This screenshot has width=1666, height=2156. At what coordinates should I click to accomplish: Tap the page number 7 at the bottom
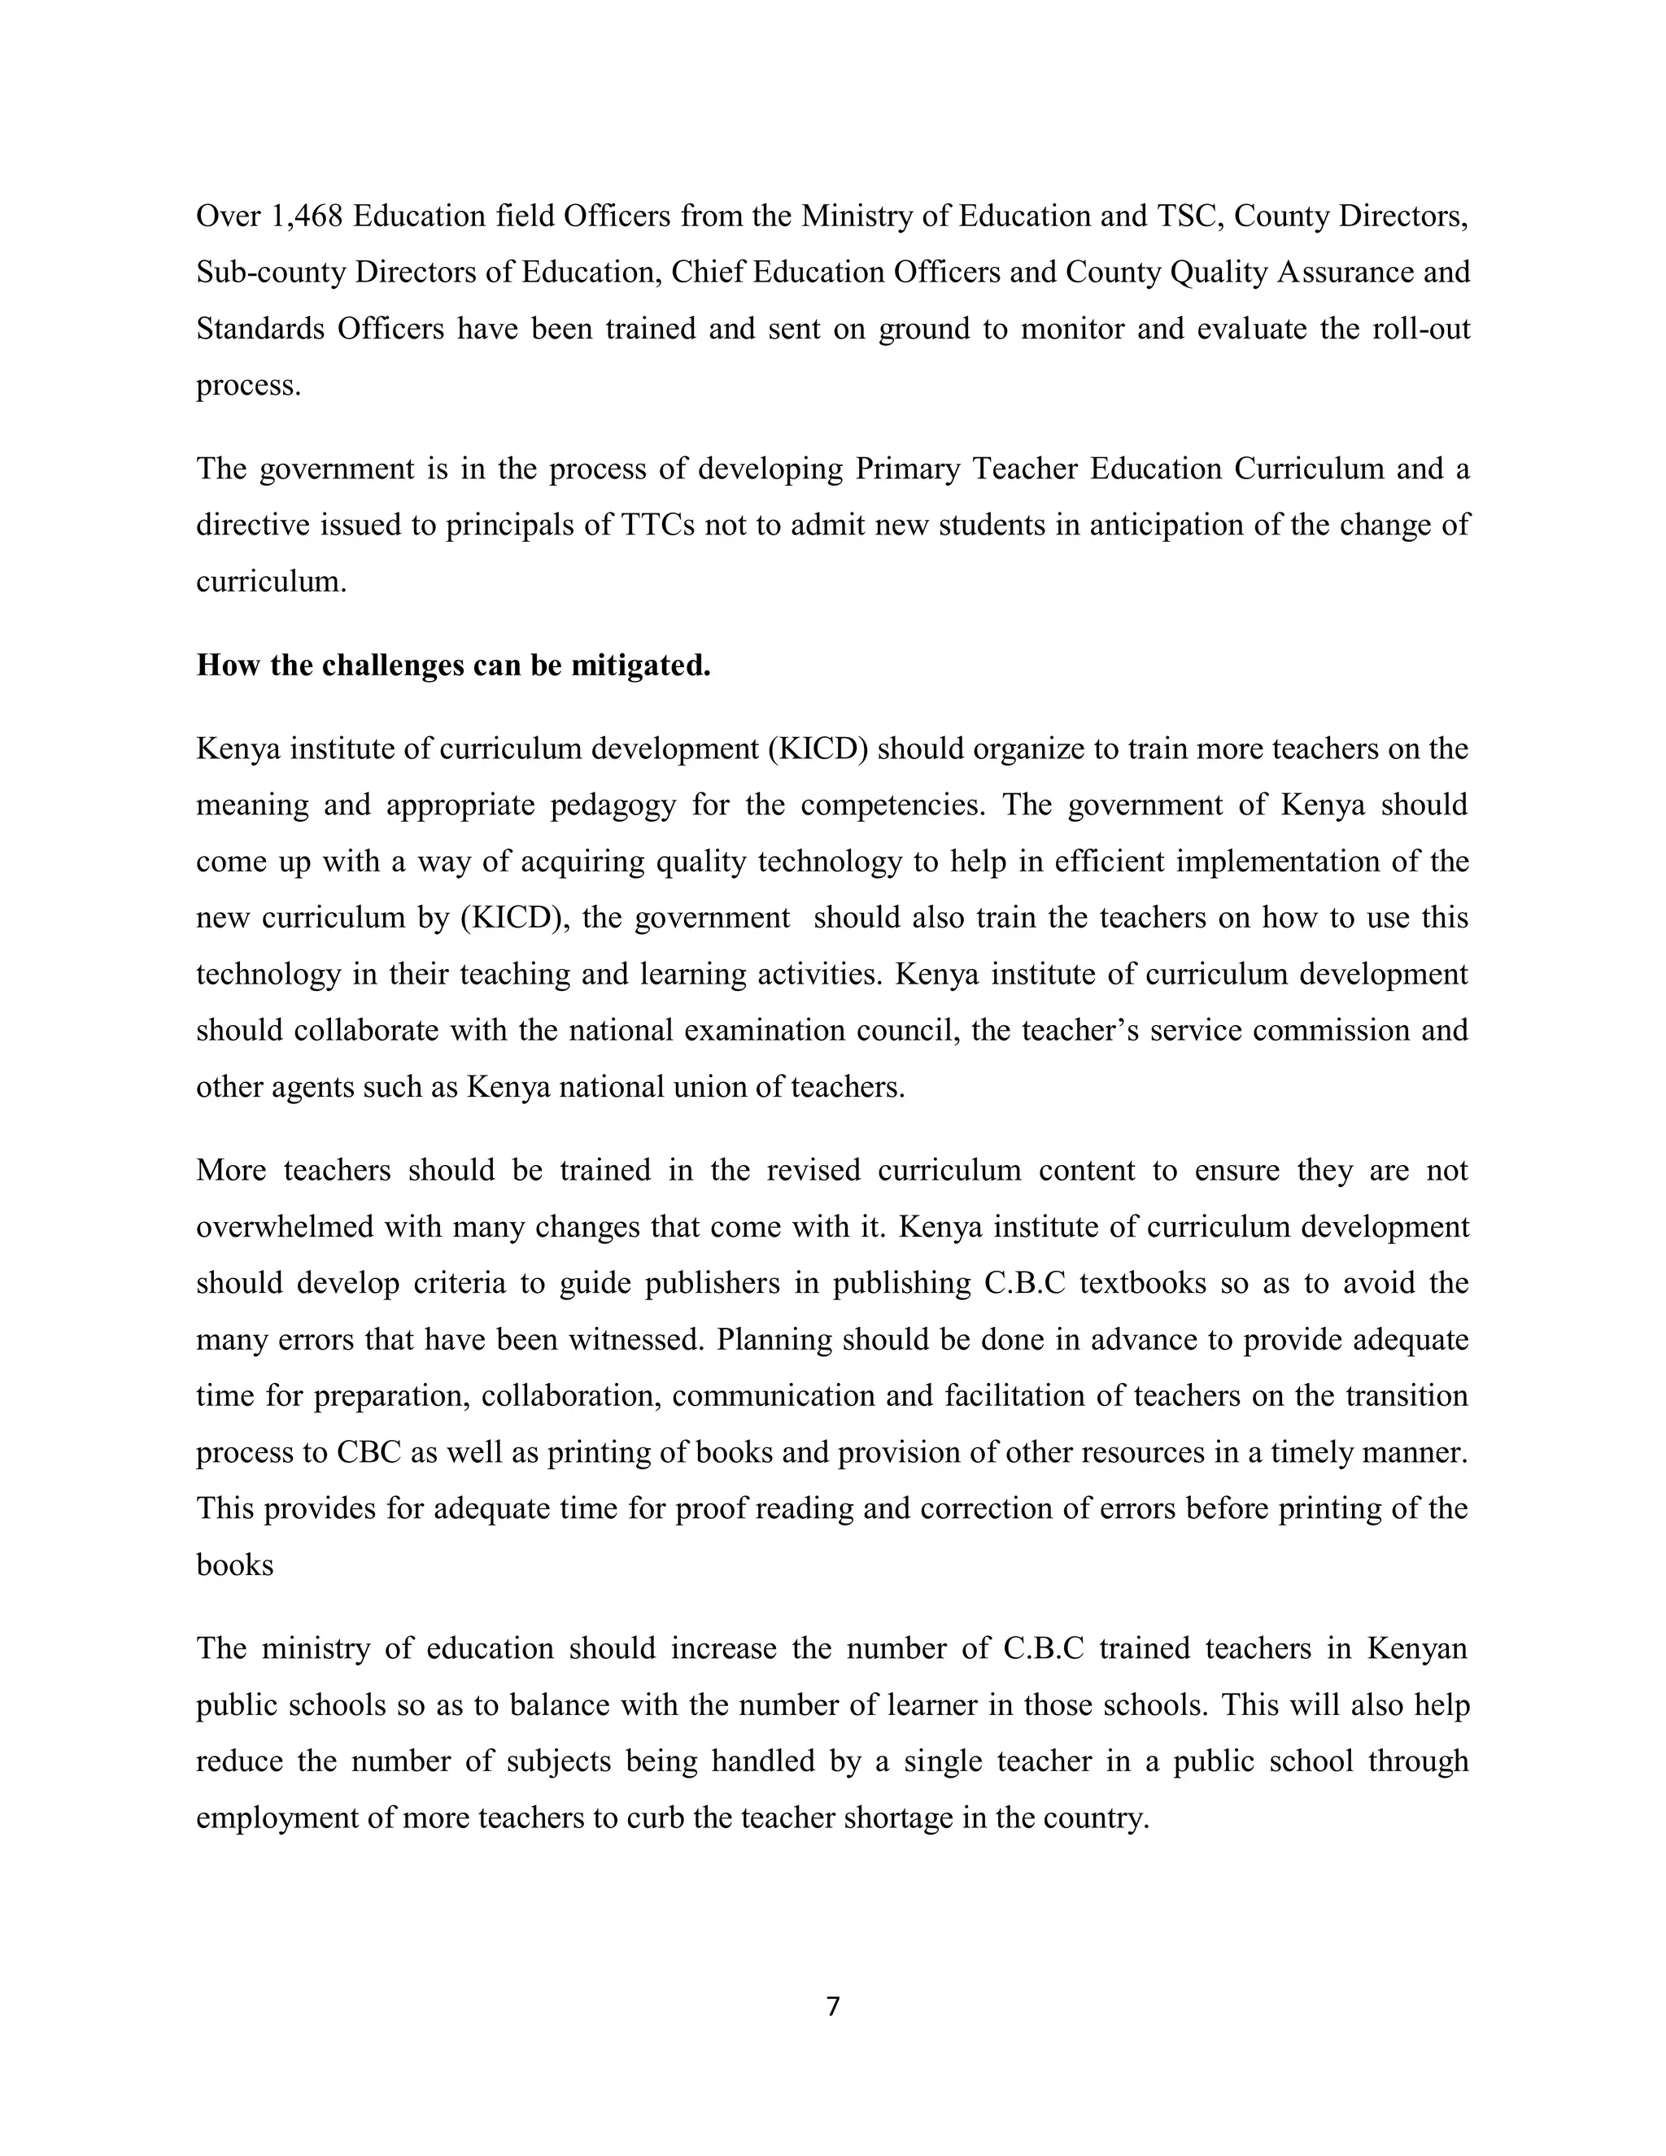pos(832,2006)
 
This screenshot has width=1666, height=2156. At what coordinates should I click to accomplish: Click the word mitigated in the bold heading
pos(640,666)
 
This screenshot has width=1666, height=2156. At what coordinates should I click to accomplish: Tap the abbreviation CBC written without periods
pos(366,1452)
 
